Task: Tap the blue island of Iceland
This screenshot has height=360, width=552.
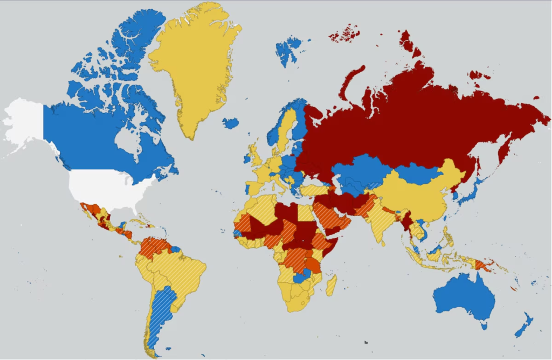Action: click(x=231, y=123)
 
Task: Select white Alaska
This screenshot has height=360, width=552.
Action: click(x=24, y=121)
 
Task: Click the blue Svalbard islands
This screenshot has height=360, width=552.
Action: click(x=288, y=50)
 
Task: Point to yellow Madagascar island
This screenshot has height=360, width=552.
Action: click(x=331, y=285)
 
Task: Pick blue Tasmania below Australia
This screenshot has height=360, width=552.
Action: click(x=484, y=325)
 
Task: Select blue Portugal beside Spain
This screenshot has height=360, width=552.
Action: click(x=247, y=189)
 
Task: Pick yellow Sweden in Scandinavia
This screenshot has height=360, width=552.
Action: click(x=287, y=129)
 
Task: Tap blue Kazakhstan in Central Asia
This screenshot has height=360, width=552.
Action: click(x=358, y=170)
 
